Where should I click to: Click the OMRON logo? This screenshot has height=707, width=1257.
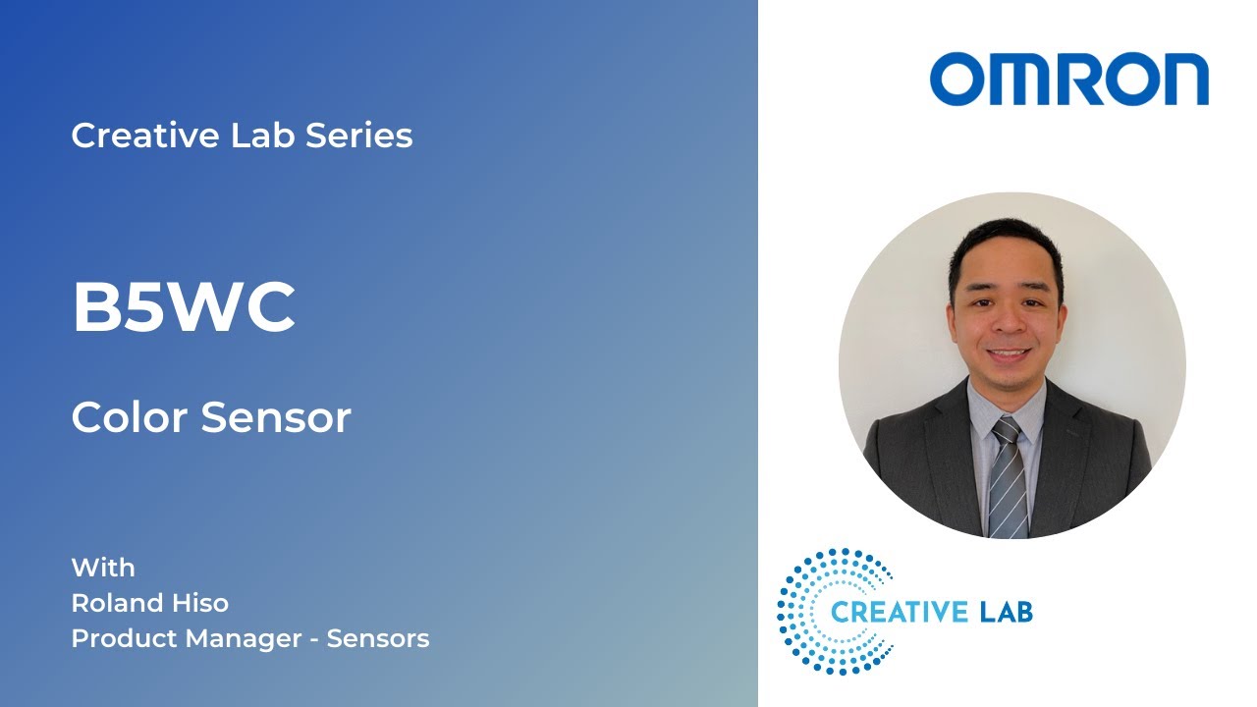[1069, 80]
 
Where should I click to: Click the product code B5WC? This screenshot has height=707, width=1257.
[184, 307]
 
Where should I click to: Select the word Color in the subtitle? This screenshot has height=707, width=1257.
[131, 418]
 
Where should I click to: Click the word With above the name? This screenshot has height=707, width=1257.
[103, 568]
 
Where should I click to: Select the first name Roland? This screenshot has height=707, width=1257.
[115, 602]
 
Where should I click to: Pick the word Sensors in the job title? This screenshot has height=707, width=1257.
[378, 638]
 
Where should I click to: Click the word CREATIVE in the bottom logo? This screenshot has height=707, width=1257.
[899, 613]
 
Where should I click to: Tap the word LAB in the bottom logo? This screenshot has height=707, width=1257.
[1006, 613]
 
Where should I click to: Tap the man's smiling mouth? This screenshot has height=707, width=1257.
[1008, 354]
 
